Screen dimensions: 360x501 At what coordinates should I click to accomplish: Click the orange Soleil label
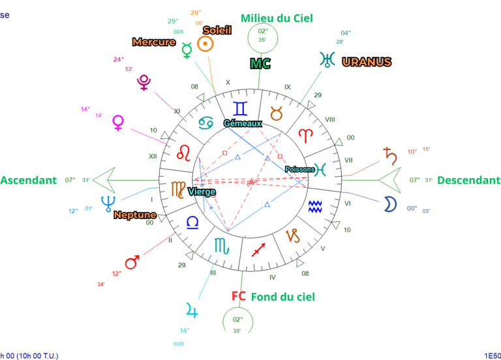point(217,30)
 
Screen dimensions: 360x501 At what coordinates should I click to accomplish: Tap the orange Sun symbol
point(205,44)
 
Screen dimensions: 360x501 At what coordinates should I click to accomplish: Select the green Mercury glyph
point(187,49)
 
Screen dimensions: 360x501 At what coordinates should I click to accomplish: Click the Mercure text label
point(154,42)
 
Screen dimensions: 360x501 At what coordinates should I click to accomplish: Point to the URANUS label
point(367,62)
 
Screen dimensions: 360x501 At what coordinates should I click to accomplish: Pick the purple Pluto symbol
point(144,82)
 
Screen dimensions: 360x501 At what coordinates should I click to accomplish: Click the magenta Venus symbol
point(118,123)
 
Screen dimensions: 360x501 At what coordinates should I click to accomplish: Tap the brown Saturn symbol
point(390,155)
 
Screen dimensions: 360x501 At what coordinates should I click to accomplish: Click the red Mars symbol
point(132,262)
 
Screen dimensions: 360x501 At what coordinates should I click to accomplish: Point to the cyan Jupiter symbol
point(191,308)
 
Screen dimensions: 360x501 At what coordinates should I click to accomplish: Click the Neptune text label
point(135,215)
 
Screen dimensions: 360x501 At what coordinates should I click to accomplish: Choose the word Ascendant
point(29,181)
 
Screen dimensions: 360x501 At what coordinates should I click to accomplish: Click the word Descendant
point(468,181)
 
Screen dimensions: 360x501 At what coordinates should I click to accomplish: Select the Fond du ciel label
point(282,297)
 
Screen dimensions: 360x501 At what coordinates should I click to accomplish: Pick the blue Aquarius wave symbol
point(315,207)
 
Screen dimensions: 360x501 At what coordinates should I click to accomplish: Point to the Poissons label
point(299,170)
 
